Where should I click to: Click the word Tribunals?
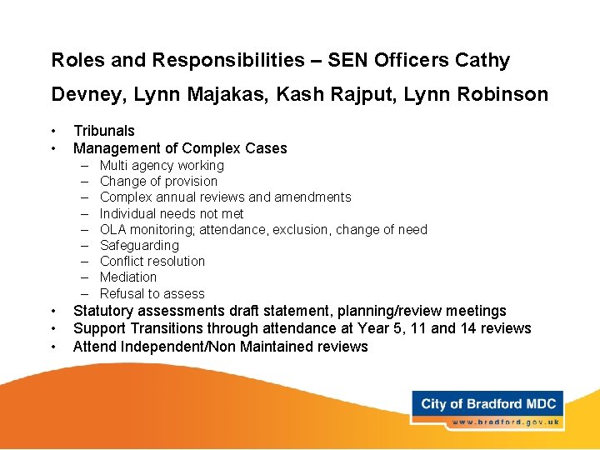(104, 131)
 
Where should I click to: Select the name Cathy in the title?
(482, 60)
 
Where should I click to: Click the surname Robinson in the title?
(500, 95)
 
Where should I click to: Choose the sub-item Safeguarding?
(139, 245)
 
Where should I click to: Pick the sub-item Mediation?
(128, 277)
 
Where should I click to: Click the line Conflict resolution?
(152, 261)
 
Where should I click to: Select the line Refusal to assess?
(152, 293)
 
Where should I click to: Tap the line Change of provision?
(158, 181)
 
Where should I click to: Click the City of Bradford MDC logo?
(488, 404)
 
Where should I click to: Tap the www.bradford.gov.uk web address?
(504, 422)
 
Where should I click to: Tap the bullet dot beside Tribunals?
(54, 131)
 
